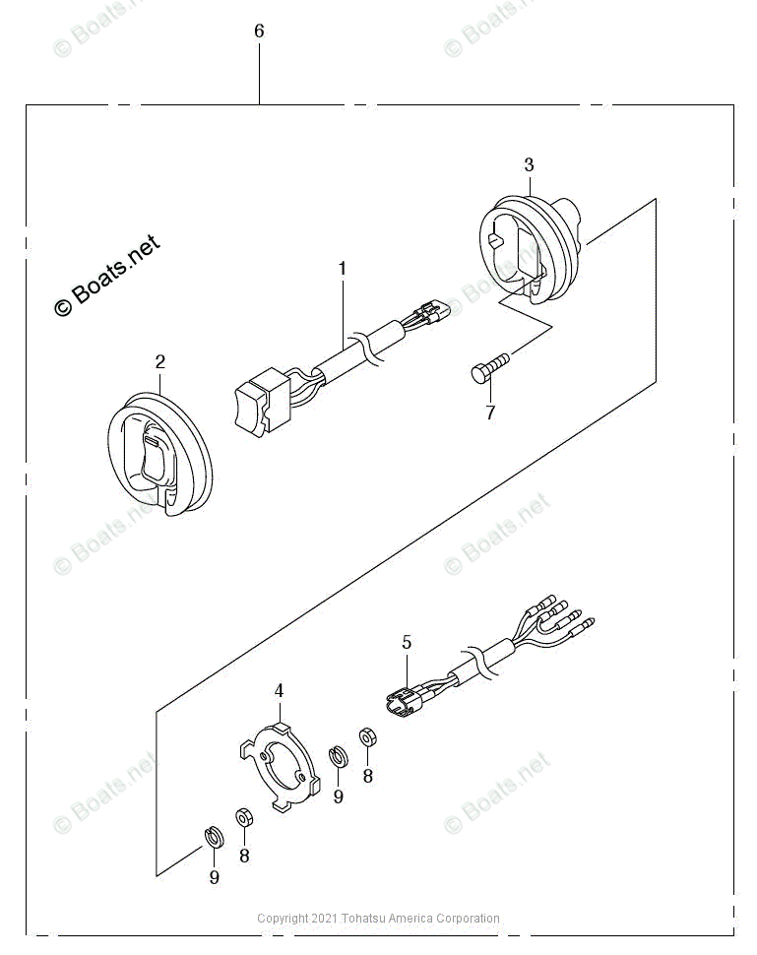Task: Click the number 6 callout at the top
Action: pyautogui.click(x=259, y=32)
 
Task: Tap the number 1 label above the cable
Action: pyautogui.click(x=343, y=268)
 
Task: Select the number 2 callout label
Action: pyautogui.click(x=159, y=362)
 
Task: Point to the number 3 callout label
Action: pyautogui.click(x=529, y=163)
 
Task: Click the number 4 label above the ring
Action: pyautogui.click(x=279, y=691)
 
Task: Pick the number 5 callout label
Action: pyautogui.click(x=407, y=642)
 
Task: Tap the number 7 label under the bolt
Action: pyautogui.click(x=489, y=414)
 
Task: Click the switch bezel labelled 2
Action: pyautogui.click(x=158, y=454)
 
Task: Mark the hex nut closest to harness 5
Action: pyautogui.click(x=366, y=736)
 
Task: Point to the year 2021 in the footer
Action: pyautogui.click(x=323, y=919)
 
